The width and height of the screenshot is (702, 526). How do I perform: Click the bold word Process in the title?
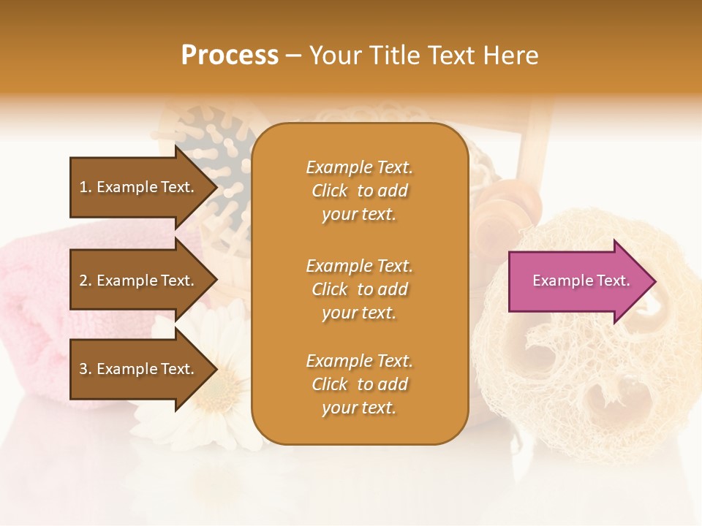point(230,56)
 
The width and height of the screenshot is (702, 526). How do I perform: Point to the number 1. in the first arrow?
point(86,187)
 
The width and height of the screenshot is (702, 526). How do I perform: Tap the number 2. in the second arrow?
point(86,281)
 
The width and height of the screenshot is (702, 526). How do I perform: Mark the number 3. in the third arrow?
point(86,369)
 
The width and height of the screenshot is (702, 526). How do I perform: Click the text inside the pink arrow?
point(581,281)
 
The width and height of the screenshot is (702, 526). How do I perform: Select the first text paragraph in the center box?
point(359,191)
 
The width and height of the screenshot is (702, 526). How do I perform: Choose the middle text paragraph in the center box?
point(359,289)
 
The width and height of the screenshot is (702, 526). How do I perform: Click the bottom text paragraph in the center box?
point(359,384)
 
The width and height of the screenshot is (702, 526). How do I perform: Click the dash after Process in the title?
point(294,56)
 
